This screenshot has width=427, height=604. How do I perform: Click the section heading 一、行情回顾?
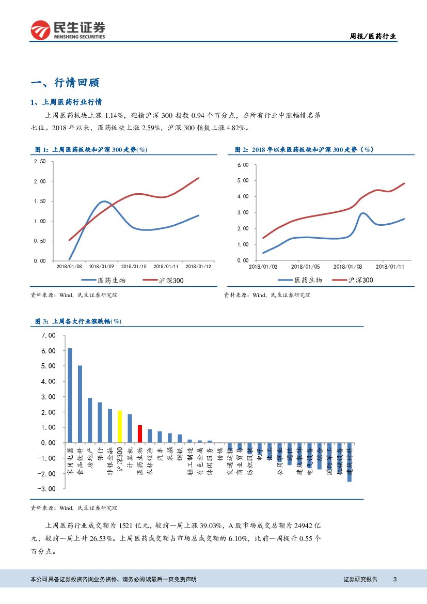(65, 83)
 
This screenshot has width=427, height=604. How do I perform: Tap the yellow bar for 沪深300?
(120, 427)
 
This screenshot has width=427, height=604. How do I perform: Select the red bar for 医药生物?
(139, 434)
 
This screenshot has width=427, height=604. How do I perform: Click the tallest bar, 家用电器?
(70, 395)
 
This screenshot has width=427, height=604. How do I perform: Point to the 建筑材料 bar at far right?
(349, 462)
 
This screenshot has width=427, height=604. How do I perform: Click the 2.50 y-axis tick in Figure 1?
(40, 162)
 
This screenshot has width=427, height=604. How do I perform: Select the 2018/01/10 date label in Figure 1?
(134, 267)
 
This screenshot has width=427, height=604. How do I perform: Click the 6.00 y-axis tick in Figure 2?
(243, 165)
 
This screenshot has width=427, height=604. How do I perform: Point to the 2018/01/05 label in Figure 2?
(305, 267)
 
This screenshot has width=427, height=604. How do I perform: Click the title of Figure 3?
(78, 321)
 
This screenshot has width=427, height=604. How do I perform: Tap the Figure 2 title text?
(304, 149)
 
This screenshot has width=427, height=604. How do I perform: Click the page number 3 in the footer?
(394, 579)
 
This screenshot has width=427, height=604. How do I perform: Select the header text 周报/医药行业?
(373, 36)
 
